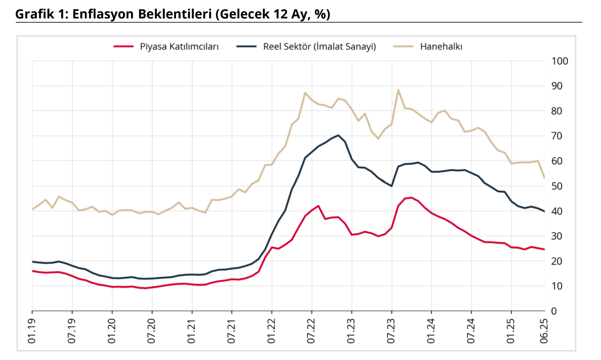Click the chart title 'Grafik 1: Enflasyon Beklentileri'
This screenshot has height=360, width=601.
coord(173,14)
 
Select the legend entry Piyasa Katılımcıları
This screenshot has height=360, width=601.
coord(179,47)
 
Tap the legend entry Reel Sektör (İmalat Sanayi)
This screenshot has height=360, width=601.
coord(319,47)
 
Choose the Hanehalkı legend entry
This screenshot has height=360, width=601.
coord(441,47)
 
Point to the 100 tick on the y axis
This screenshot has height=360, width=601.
coord(560,61)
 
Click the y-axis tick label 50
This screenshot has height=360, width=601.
coord(557,186)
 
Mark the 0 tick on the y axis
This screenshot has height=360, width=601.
coord(554,311)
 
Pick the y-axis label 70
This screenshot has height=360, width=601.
coord(557,136)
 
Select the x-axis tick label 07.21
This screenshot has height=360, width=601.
coord(231,331)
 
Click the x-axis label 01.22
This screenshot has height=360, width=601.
coord(271,331)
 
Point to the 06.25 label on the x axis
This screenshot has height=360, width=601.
coord(544,331)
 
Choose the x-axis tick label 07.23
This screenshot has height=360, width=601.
coord(391,331)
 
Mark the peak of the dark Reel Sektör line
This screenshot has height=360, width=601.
coord(338,135)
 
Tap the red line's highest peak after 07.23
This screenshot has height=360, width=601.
coord(411,198)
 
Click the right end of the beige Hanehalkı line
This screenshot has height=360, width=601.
coord(545,178)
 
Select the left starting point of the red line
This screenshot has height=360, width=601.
coord(32,271)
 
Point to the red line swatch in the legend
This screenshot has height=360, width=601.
coord(124,47)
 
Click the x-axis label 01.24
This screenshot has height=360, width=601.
coord(431,331)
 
